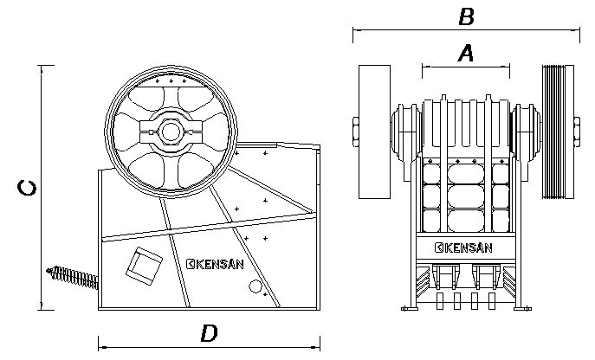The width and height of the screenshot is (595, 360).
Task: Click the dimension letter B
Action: click(466, 17)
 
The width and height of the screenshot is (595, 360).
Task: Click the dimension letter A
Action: click(466, 53)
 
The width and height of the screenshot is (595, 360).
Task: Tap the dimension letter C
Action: click(28, 188)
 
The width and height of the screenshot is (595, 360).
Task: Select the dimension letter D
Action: click(209, 333)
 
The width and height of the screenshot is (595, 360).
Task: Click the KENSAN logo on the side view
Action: click(215, 264)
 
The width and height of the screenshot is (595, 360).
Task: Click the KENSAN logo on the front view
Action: click(463, 247)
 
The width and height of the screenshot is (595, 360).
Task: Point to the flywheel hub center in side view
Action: click(171, 132)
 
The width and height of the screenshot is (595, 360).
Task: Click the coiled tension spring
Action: click(72, 277)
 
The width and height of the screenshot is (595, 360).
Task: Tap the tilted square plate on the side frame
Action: click(144, 266)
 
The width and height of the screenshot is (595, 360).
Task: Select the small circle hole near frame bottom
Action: click(255, 286)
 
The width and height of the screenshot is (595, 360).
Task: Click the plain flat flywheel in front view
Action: click(374, 132)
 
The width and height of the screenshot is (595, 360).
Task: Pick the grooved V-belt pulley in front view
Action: click(558, 132)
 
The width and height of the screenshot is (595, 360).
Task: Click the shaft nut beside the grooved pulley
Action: click(577, 132)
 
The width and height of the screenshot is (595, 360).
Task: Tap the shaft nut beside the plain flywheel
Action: click(356, 132)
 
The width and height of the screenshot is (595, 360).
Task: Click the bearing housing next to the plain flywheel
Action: click(406, 132)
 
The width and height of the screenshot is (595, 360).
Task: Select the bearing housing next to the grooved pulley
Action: click(526, 132)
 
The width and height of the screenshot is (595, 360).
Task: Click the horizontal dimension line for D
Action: click(209, 347)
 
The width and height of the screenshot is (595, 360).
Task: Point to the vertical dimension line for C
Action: click(42, 188)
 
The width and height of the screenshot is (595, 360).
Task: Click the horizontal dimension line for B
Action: click(466, 29)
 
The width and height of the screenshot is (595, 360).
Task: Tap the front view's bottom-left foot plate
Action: click(410, 309)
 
